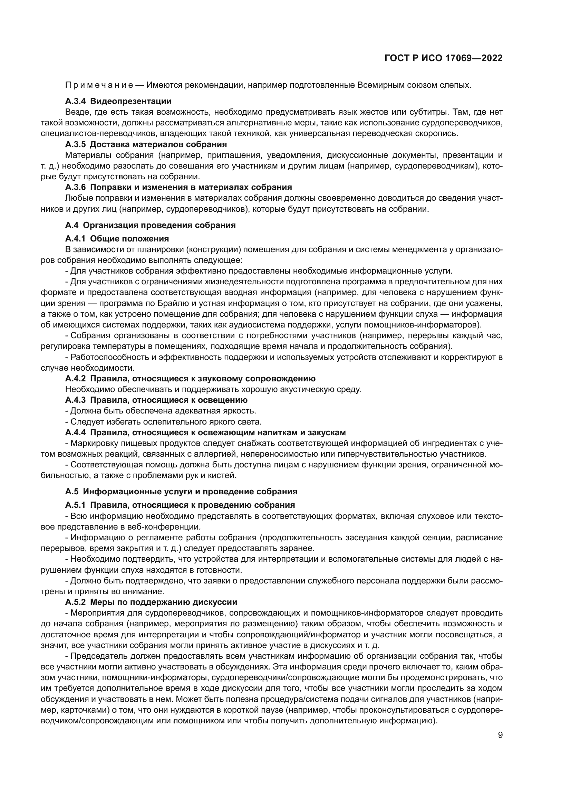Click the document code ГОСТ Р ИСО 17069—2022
coord(443,58)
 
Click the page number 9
coord(500,735)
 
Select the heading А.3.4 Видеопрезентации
coord(118,101)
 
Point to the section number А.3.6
coord(75,187)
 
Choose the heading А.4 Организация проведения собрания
coord(150,225)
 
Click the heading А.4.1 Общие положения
coord(117,239)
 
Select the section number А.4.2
coord(75,379)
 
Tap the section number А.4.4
coord(75,432)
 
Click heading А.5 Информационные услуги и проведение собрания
coord(181,492)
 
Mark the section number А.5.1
coord(75,505)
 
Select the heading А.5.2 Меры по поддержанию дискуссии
coord(151,602)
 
